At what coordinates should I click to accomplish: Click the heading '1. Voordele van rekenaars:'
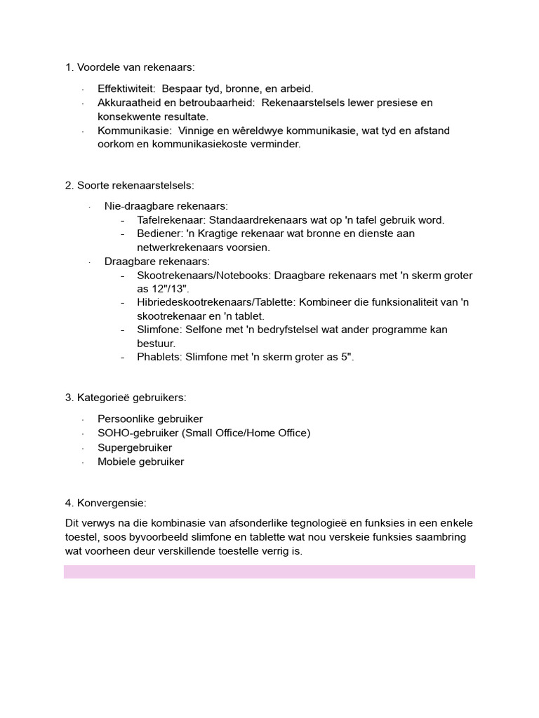point(130,67)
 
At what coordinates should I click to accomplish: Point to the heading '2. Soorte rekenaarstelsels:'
point(129,185)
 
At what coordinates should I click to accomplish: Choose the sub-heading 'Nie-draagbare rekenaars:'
point(166,206)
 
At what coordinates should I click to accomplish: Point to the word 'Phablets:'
point(160,357)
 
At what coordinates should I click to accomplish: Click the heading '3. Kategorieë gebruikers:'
point(126,398)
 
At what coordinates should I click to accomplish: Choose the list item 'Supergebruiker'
point(135,447)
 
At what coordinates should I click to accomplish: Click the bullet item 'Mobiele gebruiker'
point(140,461)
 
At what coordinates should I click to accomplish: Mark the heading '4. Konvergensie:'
point(106,503)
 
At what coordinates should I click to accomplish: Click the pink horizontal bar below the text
point(269,571)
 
